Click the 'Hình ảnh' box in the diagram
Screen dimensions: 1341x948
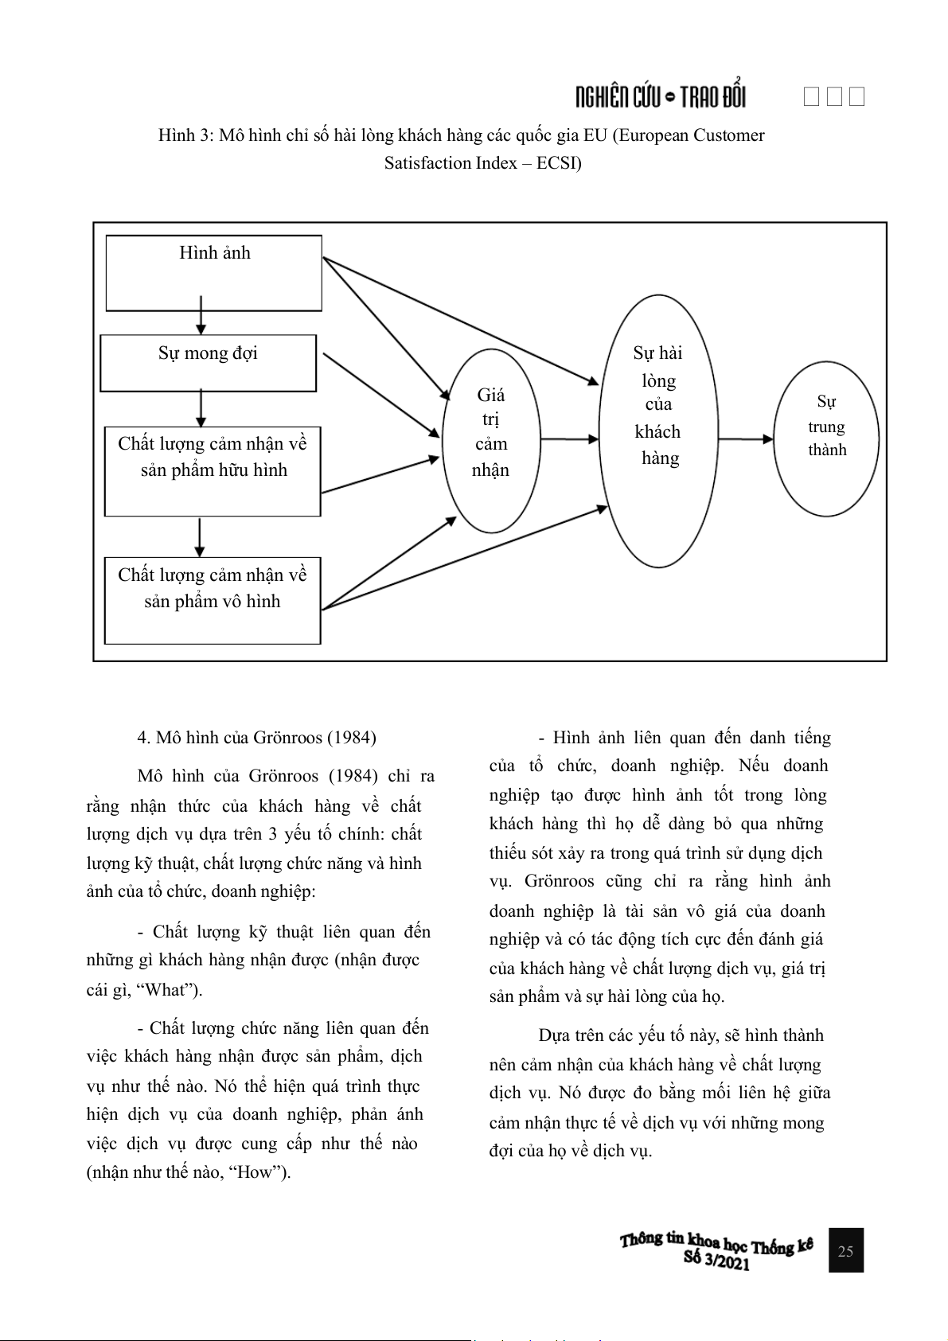214,272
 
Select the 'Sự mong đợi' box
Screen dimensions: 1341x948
208,363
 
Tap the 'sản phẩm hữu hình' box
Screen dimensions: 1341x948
213,471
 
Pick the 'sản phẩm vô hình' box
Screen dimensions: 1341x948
213,600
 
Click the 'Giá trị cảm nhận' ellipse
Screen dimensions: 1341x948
490,440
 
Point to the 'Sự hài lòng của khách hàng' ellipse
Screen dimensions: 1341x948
658,431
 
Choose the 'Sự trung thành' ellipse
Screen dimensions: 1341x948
826,439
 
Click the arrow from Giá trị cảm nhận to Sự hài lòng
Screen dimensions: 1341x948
569,439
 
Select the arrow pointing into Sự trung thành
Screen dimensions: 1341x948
745,439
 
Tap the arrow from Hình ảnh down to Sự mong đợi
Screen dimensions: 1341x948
201,315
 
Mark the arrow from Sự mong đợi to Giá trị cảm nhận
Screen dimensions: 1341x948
382,395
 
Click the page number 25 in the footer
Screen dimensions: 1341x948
845,1250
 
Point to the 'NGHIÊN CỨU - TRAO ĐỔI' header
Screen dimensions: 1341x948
661,97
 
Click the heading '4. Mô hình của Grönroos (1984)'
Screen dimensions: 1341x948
256,737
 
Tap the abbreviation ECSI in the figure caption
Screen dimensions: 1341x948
557,163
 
